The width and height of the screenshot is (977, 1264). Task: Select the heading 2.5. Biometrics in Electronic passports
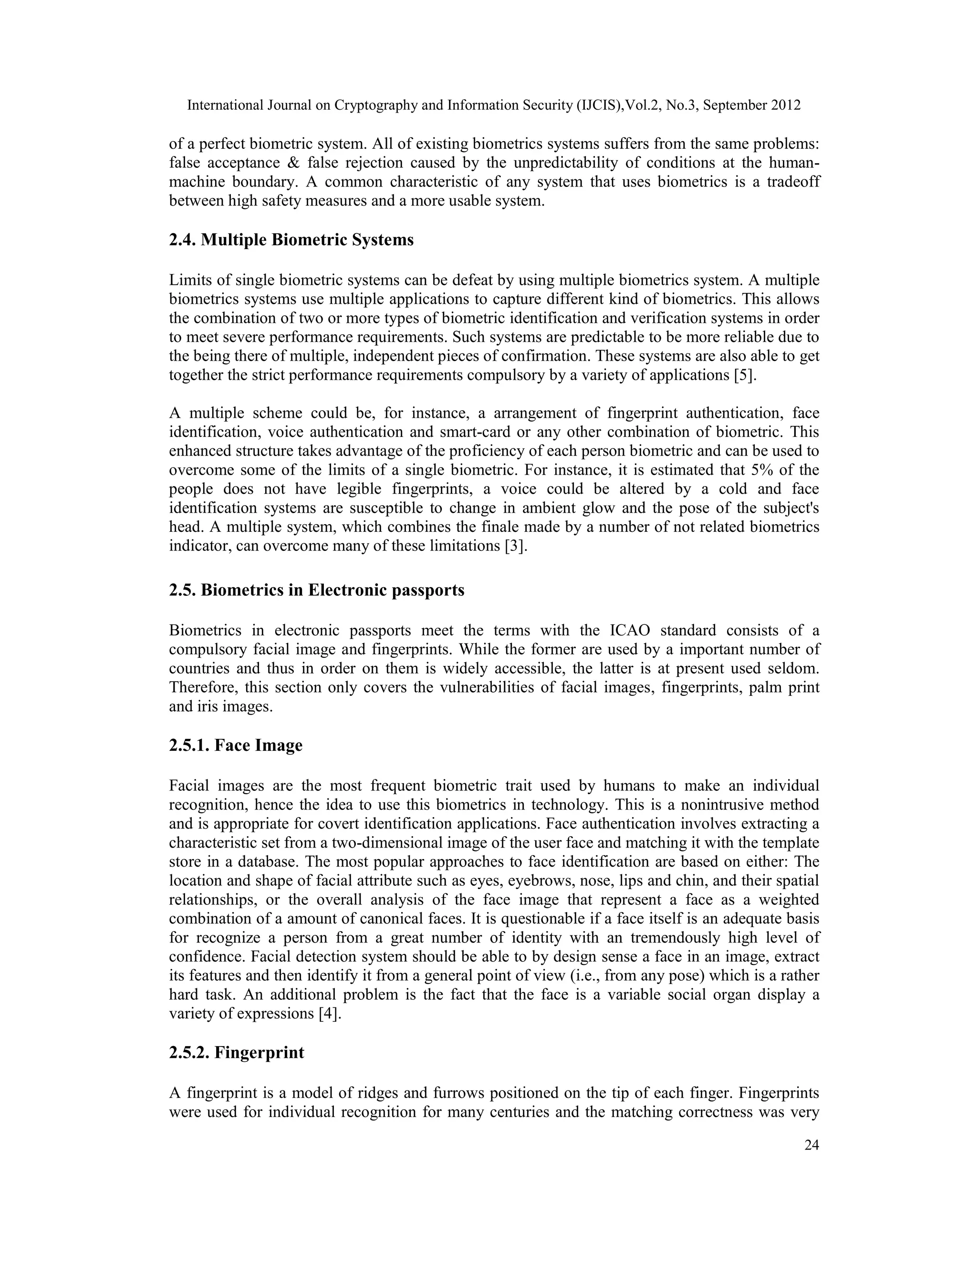coord(317,591)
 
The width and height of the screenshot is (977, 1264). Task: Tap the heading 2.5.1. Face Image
coord(236,745)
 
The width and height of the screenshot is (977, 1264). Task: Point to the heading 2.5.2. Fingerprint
coord(236,1052)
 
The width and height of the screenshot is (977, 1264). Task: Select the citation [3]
coord(516,546)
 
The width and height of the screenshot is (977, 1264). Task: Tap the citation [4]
coord(330,1014)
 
